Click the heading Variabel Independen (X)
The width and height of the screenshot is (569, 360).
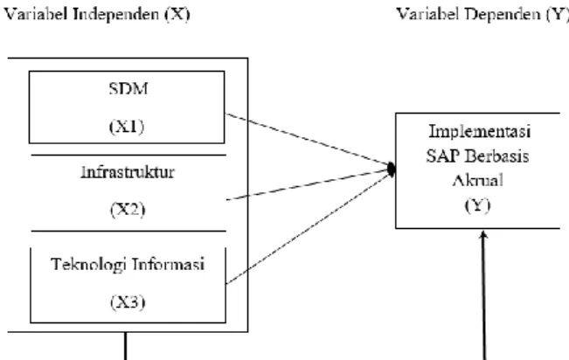tap(97, 15)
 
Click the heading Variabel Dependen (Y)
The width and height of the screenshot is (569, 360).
tap(482, 15)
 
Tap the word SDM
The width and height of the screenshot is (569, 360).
tap(128, 88)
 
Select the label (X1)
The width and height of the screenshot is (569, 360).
tap(127, 127)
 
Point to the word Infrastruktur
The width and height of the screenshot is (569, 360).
tap(128, 172)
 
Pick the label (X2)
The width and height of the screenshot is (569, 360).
tap(128, 210)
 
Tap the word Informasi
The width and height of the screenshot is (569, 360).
tap(168, 264)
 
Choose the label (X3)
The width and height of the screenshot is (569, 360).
tap(128, 302)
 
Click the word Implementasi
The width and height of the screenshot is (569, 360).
tap(480, 131)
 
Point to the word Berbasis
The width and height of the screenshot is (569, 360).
tap(497, 156)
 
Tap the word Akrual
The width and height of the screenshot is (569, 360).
tap(477, 180)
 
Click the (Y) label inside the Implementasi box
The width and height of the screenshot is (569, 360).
tap(477, 205)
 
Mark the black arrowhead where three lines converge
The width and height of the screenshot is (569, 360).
tap(392, 170)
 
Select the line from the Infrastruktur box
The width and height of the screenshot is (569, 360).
tap(308, 184)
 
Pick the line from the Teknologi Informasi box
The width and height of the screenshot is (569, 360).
tap(308, 228)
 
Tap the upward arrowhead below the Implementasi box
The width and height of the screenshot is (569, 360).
tap(483, 234)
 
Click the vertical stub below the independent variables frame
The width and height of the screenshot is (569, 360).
tap(126, 346)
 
